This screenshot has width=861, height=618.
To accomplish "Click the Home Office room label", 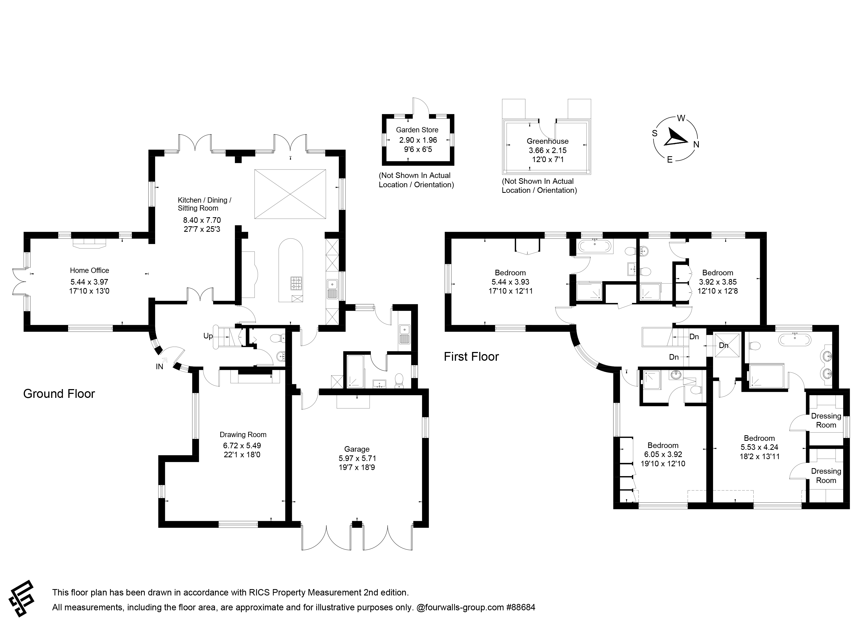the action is pos(89,271).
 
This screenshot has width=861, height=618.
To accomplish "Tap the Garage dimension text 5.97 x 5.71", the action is pos(357,459).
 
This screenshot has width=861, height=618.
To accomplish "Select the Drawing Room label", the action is pos(243,434).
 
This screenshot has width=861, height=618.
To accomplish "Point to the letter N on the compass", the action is pos(696,144).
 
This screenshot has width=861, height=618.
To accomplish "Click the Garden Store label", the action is pos(417,130).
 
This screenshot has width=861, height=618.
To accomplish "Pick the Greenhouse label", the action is pos(547,141).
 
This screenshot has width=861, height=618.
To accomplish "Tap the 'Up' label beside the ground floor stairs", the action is pos(208,336).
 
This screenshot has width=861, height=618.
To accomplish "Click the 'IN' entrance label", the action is pos(159,367).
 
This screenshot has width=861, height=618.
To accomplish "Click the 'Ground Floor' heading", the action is pos(59,394).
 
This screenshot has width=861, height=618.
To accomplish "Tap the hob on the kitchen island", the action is pos(296,283).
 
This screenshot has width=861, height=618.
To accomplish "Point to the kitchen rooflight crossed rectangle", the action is pos(290,194).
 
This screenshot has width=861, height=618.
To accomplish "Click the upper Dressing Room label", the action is pos(826,420).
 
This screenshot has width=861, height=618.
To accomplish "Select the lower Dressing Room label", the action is pos(826,476).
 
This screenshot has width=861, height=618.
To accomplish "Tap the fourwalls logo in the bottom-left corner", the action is pos(22,599).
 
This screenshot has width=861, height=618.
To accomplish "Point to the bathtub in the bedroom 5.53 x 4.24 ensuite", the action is pos(795,340).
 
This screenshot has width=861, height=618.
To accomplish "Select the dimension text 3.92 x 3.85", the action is pos(717,282).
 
